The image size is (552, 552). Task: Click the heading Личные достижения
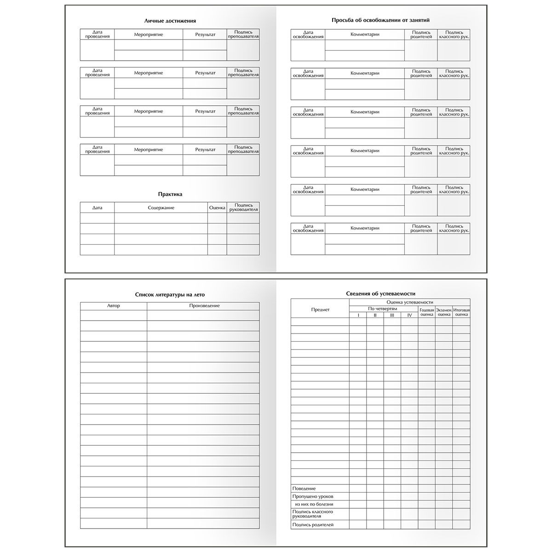[170, 21]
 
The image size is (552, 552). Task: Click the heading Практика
[170, 194]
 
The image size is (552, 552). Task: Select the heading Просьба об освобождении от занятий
[381, 20]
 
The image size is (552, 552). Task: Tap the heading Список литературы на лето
[170, 294]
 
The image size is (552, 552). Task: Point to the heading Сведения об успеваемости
[380, 293]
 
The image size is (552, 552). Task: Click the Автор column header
[114, 306]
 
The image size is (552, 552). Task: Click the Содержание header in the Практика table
[161, 208]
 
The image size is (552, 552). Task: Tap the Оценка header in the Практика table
[217, 208]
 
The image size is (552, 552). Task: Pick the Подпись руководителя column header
[243, 207]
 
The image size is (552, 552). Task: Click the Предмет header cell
[320, 310]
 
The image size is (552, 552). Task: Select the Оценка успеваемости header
[409, 302]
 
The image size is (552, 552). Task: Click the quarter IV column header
[409, 315]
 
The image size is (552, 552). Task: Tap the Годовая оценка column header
[427, 312]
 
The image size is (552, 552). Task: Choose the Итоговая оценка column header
[461, 312]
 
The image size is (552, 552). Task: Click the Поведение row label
[304, 489]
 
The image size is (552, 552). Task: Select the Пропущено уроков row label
[313, 497]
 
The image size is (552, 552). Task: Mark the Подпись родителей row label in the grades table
[313, 525]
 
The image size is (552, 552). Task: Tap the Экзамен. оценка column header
[444, 312]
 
